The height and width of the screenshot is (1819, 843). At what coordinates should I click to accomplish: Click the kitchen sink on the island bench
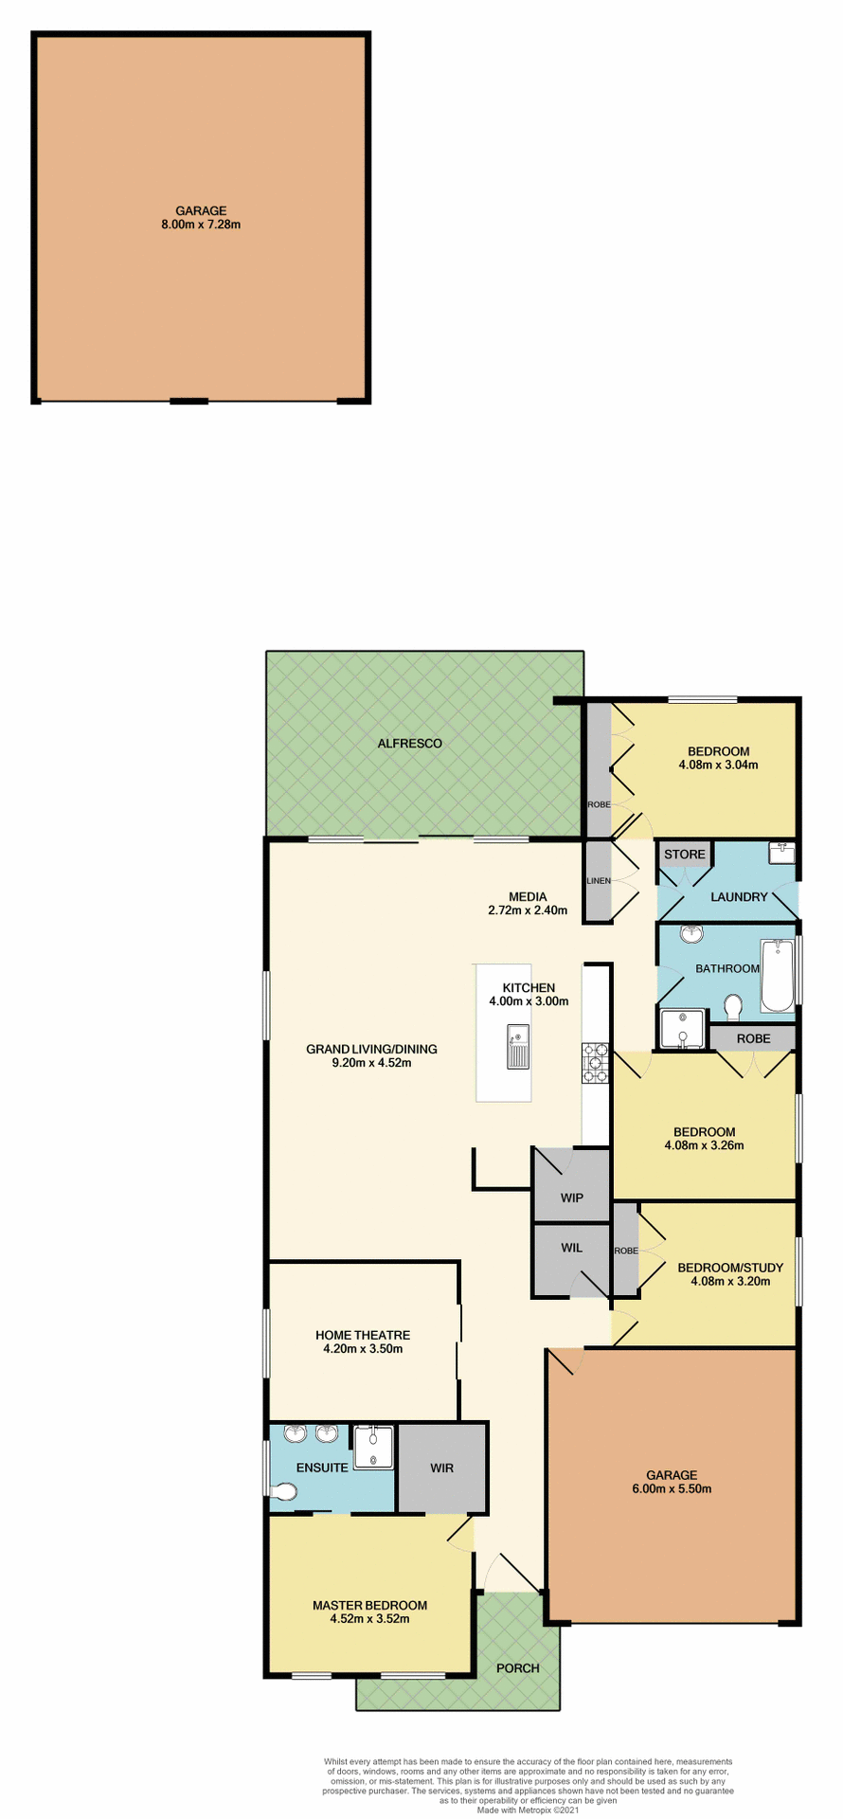tap(518, 1046)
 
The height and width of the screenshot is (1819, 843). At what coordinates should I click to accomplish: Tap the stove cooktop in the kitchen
tap(596, 1062)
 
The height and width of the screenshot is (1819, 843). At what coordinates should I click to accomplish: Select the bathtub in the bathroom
tap(779, 976)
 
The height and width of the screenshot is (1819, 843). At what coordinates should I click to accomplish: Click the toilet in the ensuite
tap(283, 1492)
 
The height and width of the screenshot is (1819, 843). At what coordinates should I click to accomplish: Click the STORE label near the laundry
tap(684, 854)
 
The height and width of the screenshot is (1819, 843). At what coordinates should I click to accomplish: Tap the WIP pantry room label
tap(571, 1198)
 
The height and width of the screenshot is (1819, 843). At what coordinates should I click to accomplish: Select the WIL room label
tap(571, 1248)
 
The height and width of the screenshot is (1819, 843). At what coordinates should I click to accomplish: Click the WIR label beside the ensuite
tap(441, 1468)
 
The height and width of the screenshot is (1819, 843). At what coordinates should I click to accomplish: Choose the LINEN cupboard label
tap(598, 881)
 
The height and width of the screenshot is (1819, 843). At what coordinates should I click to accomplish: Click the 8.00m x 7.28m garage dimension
tap(201, 225)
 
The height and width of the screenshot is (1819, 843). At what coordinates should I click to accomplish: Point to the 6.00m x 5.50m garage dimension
tap(672, 1488)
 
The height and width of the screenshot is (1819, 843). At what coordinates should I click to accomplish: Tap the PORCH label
tap(518, 1667)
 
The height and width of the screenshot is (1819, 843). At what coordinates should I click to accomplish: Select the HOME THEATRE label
tap(363, 1335)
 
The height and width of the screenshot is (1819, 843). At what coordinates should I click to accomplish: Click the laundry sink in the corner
tap(782, 854)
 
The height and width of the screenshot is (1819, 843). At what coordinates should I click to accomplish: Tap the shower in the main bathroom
tap(681, 1030)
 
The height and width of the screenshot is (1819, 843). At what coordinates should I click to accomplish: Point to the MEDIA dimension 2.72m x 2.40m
tap(528, 910)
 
